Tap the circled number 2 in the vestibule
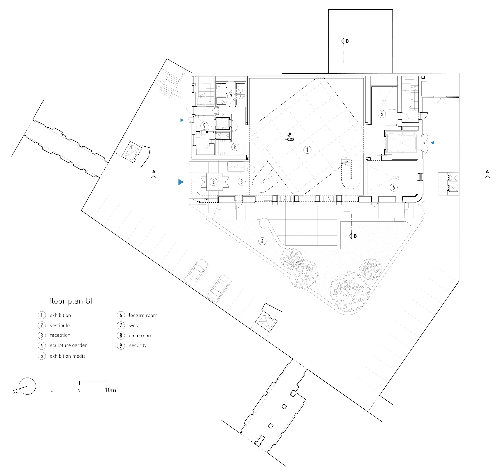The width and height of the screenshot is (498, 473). click(x=213, y=182)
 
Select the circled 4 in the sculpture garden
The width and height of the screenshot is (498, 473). click(x=262, y=241)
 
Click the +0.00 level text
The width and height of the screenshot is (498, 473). click(x=289, y=139)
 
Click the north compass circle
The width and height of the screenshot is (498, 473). click(x=27, y=386)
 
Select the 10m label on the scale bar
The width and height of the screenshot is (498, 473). click(x=110, y=390)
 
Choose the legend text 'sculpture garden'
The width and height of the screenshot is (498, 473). click(x=69, y=345)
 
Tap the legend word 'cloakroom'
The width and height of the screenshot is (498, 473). click(x=141, y=336)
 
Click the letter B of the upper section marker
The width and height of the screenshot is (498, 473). click(x=347, y=41)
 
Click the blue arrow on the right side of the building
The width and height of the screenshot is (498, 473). click(x=432, y=143)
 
